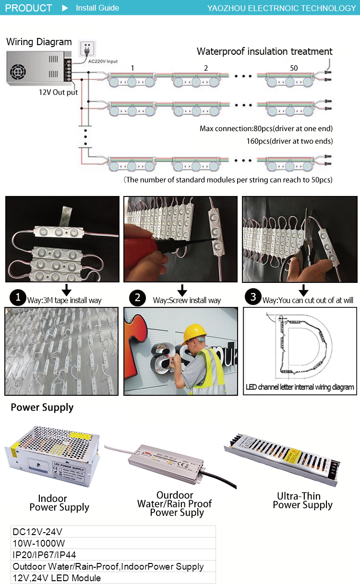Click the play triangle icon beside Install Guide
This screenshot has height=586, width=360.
[x=66, y=8]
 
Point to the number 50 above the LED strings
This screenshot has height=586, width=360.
[x=293, y=68]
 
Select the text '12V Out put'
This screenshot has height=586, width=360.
[x=58, y=92]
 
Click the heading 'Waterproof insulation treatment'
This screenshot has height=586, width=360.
[x=264, y=51]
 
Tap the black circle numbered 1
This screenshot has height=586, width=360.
[x=18, y=298]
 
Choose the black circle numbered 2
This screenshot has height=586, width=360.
[x=137, y=298]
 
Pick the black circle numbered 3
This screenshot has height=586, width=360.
[x=253, y=297]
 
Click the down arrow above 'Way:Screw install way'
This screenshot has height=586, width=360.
[x=182, y=290]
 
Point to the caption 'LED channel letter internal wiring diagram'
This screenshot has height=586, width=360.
[x=300, y=387]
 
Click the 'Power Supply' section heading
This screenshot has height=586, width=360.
[x=42, y=407]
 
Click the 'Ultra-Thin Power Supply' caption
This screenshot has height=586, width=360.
[x=302, y=500]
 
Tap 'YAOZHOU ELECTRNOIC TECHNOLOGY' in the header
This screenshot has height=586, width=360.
[x=281, y=8]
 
